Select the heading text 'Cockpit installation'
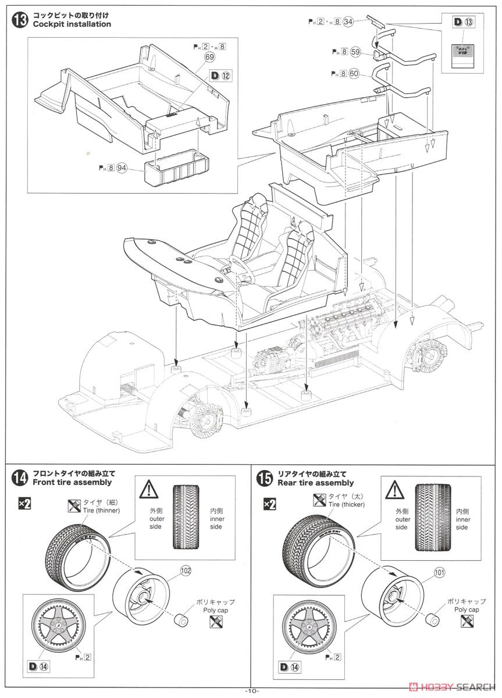(x=72, y=24)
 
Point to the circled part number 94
(x=122, y=168)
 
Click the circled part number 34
(x=348, y=22)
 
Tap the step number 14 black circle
(x=19, y=478)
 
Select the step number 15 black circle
(x=264, y=478)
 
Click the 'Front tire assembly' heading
(x=73, y=483)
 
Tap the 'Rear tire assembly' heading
(x=316, y=483)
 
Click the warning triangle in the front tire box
(x=149, y=489)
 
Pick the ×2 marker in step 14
(x=24, y=504)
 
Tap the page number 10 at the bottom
(x=251, y=690)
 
